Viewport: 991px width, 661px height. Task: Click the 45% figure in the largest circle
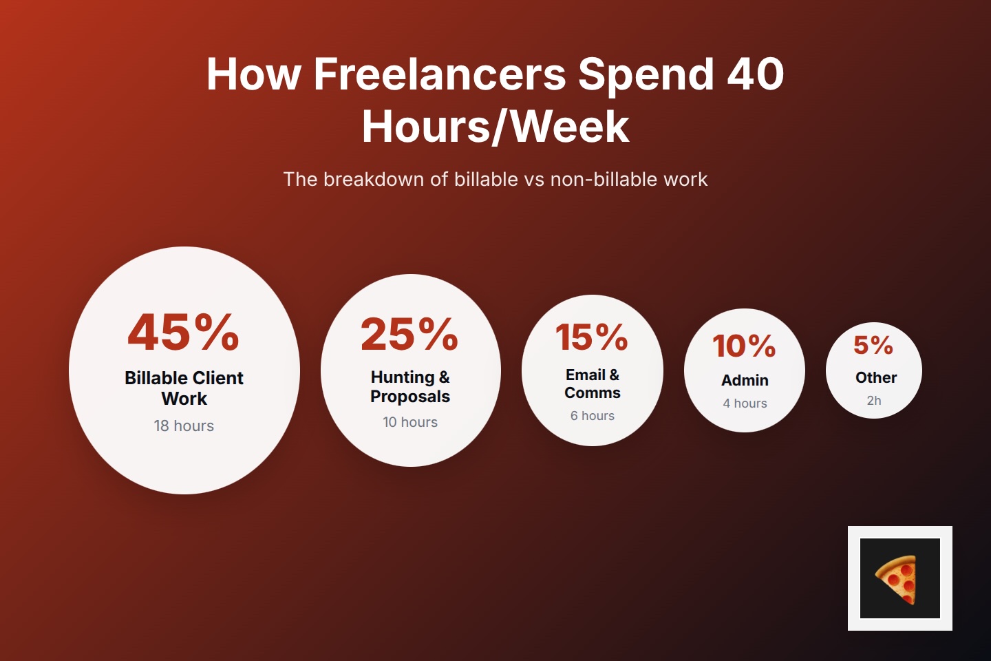point(184,332)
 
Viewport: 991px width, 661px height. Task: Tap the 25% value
point(409,335)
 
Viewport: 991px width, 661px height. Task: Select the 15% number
point(592,337)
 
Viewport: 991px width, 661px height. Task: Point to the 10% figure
point(744,346)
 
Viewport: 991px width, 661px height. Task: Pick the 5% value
point(873,345)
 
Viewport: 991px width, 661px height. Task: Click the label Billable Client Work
point(184,388)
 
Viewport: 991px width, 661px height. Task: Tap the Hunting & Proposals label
point(410,386)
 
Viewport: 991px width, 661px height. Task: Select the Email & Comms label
point(593,384)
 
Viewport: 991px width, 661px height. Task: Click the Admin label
point(745,380)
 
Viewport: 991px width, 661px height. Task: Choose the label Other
point(876,377)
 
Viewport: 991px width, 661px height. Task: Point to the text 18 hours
point(184,426)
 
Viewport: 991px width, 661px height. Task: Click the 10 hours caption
point(410,422)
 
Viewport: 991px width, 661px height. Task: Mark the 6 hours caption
point(593,416)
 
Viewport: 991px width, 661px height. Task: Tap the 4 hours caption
point(745,403)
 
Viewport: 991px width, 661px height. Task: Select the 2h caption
point(874,401)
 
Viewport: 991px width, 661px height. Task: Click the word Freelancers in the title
point(440,74)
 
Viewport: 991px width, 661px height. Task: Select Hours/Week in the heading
point(495,127)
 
